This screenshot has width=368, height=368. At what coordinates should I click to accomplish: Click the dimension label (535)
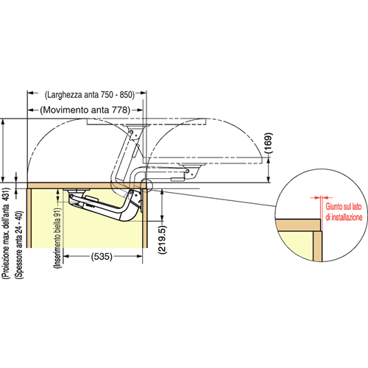(102, 257)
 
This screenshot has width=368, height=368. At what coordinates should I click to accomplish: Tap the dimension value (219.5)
(162, 239)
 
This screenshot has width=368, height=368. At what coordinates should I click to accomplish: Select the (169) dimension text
(269, 144)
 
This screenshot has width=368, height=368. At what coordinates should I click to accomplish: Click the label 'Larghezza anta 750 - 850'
(90, 95)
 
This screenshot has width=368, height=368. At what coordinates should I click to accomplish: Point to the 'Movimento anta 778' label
(85, 110)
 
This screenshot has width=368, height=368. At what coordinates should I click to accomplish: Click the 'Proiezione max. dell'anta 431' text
(6, 233)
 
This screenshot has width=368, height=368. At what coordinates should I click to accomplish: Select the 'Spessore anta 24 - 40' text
(19, 245)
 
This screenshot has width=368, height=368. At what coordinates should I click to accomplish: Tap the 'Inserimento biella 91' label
(57, 238)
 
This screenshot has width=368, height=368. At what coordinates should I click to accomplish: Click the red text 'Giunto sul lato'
(344, 207)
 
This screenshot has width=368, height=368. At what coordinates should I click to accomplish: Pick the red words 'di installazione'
(344, 217)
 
